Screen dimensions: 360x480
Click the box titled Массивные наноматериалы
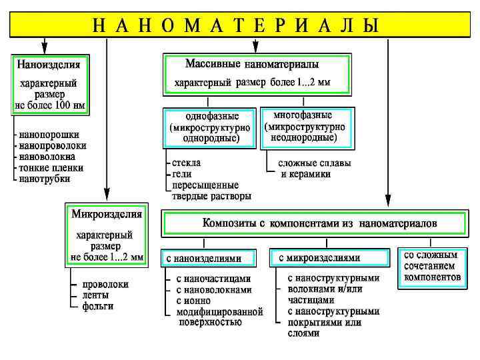[256, 73]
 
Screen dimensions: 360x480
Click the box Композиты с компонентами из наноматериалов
[314, 223]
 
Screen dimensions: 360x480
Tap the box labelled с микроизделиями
[329, 257]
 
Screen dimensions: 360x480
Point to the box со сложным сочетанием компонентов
[431, 265]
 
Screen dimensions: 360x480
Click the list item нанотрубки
[44, 179]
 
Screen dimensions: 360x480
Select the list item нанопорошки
[49, 134]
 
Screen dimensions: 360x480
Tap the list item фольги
[97, 306]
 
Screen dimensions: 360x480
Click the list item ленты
[96, 295]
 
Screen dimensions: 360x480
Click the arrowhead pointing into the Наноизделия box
[44, 49]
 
